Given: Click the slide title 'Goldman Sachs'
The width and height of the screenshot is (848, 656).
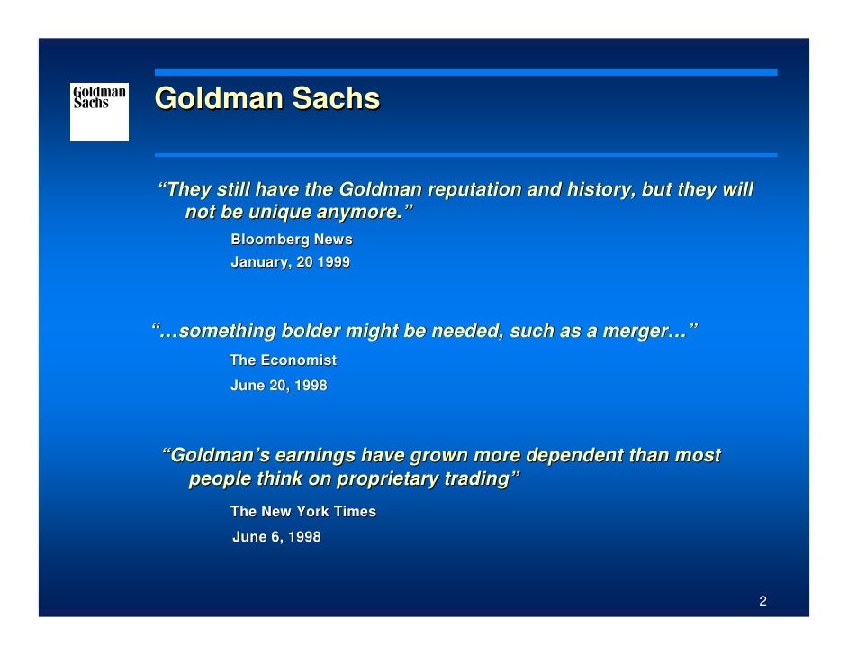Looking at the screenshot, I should pos(266,98).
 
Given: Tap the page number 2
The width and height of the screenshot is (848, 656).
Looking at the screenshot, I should pos(762,601).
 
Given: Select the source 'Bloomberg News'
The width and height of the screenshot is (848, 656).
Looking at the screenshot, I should pos(292,240).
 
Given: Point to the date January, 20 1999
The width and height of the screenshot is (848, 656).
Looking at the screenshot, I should pos(290,263).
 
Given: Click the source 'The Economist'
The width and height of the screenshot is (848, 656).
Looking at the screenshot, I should pos(283,360).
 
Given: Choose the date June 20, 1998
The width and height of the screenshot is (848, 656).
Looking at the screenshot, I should pos(278,386).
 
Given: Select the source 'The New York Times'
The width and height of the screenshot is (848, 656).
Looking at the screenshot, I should pos(303,512).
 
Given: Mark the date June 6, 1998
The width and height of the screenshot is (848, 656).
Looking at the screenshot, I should pos(276,537).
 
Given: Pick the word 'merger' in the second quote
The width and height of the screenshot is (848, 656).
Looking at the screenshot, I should pos(627,332).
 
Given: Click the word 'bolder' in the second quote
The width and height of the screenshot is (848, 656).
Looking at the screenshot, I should pos(311,332).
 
